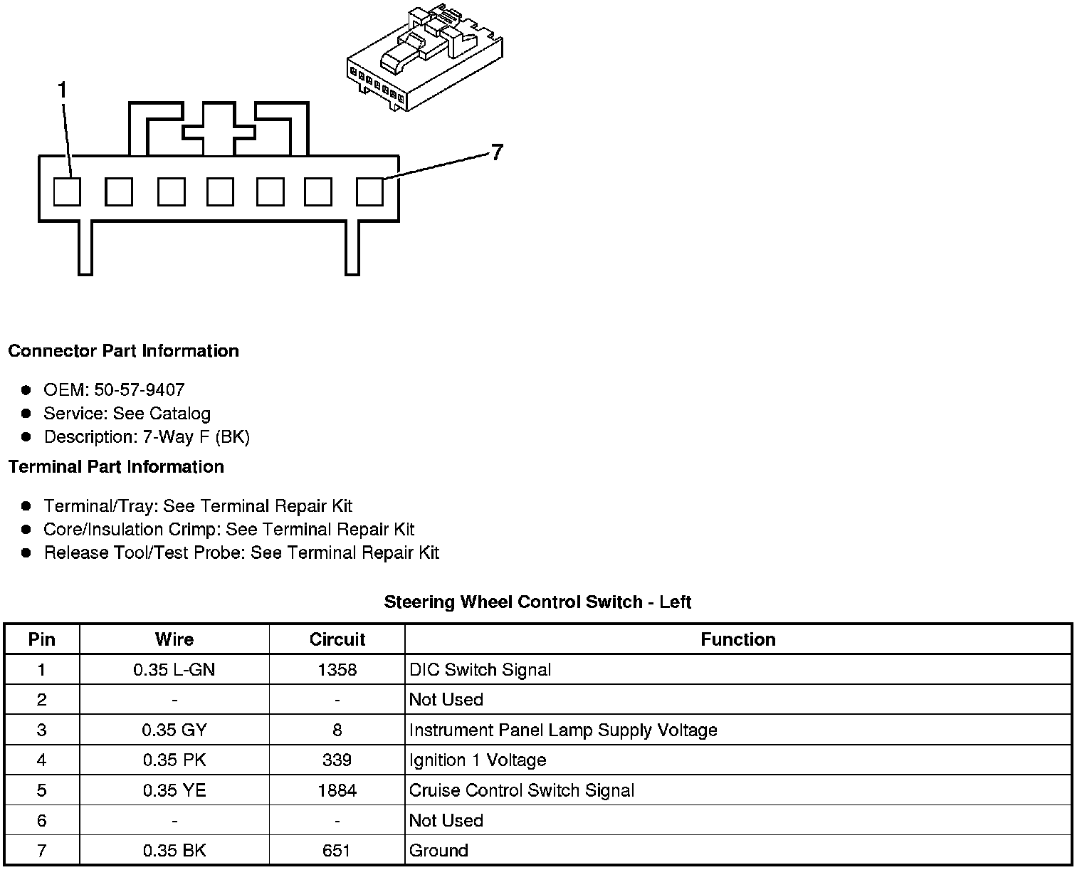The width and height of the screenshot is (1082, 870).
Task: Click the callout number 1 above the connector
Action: [63, 90]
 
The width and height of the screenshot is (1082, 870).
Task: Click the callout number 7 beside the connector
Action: [497, 152]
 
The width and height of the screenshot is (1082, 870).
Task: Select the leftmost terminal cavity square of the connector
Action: [67, 192]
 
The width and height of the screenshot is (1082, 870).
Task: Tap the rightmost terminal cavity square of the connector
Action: [369, 192]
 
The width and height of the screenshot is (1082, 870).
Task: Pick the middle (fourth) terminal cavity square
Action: [220, 192]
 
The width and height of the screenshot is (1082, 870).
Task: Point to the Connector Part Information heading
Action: [123, 351]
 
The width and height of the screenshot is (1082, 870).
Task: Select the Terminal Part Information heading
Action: [116, 467]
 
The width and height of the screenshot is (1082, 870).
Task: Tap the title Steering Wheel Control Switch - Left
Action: [537, 602]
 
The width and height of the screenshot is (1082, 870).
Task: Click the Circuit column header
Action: [337, 639]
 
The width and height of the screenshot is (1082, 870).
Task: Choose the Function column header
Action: [738, 639]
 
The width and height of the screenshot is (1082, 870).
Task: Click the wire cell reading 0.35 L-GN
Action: [174, 670]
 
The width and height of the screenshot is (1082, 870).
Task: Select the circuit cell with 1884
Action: [337, 790]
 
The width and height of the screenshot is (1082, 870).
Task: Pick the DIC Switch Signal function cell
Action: [480, 670]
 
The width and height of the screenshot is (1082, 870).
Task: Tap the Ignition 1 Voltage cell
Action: [478, 760]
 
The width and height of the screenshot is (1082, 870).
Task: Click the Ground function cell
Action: [438, 851]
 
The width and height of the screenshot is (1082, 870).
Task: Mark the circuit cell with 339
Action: [337, 760]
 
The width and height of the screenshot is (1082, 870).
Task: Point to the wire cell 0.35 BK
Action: [174, 851]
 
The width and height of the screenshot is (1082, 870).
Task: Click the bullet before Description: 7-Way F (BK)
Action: [26, 436]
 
